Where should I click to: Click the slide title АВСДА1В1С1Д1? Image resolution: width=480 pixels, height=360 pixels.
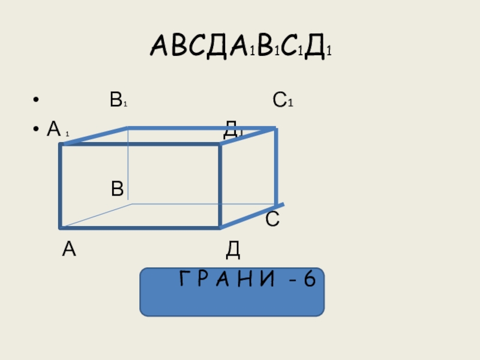241,47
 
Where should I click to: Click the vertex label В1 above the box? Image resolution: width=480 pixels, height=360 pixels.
118,100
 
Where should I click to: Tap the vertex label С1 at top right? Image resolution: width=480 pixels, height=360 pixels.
282,100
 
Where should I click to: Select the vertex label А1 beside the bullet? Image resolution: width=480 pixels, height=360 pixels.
58,128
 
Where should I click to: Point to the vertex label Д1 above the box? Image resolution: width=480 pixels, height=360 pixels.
232,128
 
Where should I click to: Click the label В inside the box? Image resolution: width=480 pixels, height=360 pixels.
117,190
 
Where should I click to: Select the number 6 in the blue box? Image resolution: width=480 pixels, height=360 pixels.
309,279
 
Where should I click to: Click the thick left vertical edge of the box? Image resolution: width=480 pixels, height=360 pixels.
61,186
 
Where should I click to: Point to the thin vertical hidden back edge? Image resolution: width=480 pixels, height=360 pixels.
128,165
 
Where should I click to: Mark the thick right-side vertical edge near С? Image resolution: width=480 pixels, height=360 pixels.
275,168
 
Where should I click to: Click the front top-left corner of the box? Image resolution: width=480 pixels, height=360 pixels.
61,144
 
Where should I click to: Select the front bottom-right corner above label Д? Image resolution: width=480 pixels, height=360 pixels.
220,227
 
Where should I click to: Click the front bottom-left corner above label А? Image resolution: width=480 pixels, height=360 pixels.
61,227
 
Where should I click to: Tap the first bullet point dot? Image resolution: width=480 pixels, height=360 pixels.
37,101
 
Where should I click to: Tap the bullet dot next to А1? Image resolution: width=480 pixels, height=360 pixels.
37,129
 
